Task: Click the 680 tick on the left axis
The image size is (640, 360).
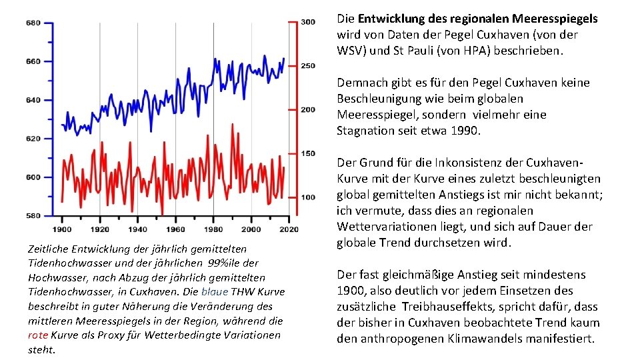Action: click(33, 23)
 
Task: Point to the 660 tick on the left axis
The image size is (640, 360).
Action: click(33, 61)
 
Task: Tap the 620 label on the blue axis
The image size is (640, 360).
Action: click(33, 139)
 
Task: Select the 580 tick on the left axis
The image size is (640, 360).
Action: click(33, 215)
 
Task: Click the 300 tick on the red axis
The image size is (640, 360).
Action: click(307, 22)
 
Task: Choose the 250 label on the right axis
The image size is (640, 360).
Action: click(307, 65)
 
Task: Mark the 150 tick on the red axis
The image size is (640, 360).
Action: click(307, 153)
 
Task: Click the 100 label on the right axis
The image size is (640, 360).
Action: click(307, 197)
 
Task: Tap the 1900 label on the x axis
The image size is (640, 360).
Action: click(62, 229)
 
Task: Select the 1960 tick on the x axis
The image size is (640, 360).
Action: click(176, 229)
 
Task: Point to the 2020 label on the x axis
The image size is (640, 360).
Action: click(289, 229)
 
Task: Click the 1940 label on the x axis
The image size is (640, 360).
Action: click(138, 229)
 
